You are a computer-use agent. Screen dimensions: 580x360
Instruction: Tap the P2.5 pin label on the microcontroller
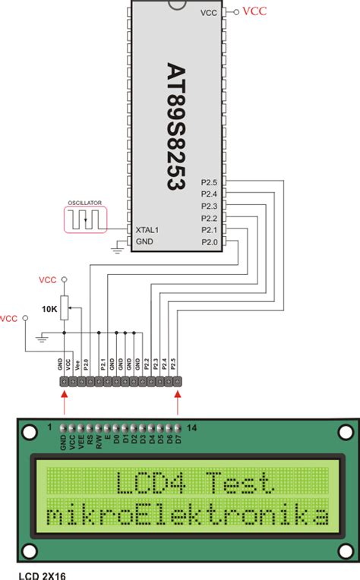point(210,182)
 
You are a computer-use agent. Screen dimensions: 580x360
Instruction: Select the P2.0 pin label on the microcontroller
point(210,241)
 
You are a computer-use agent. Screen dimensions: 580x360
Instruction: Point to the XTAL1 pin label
point(147,230)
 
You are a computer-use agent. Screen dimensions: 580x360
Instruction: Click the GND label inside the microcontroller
point(144,241)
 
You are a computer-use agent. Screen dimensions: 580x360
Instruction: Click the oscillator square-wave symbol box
point(86,219)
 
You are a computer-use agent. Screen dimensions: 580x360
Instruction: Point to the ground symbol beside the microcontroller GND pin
point(117,246)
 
